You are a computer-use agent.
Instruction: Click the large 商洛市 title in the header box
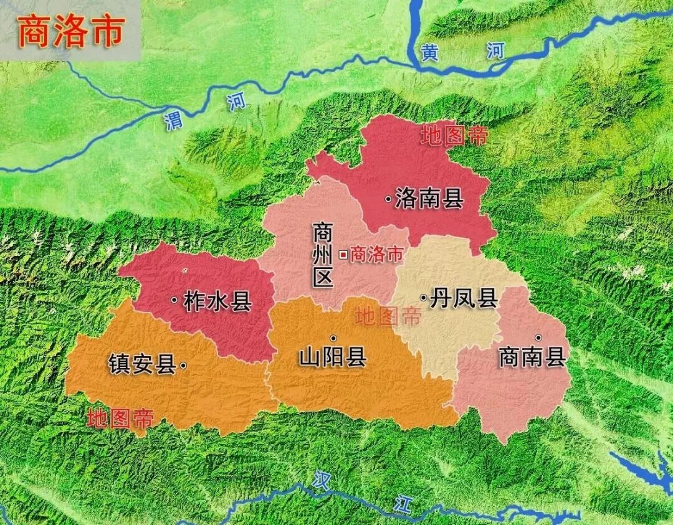[x=71, y=32]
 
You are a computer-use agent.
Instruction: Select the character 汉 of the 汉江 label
[x=321, y=481]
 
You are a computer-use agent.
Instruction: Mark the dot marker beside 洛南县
[x=388, y=199]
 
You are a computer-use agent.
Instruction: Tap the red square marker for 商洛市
[x=343, y=254]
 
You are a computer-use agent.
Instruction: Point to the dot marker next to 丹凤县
[x=424, y=299]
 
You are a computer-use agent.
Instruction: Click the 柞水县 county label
[x=217, y=301]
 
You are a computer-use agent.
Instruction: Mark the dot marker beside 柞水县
[x=174, y=300]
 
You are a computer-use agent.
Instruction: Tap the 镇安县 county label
[x=141, y=364]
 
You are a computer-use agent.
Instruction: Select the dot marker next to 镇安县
[x=183, y=366]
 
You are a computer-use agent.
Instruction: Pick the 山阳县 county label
[x=332, y=358]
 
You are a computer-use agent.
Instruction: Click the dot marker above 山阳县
[x=333, y=338]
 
